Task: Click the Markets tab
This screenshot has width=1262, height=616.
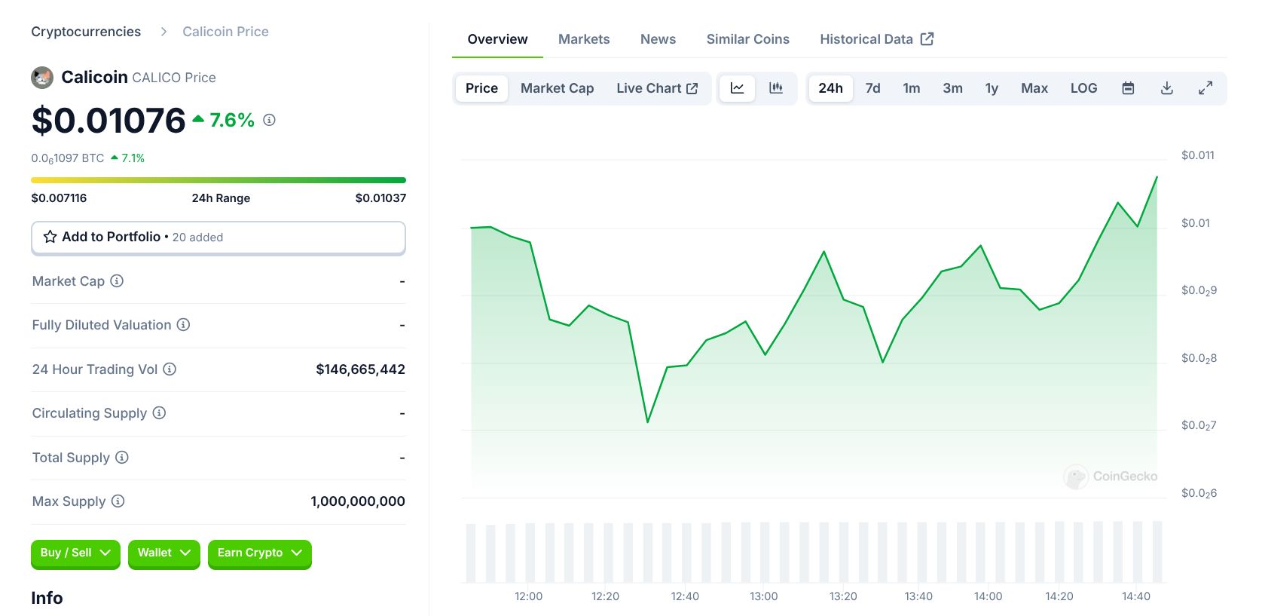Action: [x=583, y=39]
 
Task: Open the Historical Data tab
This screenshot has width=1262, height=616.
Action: [x=875, y=39]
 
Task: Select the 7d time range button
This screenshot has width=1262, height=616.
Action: [x=872, y=88]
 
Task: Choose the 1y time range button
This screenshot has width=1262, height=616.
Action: [x=991, y=88]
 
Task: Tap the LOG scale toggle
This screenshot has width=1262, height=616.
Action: [x=1083, y=88]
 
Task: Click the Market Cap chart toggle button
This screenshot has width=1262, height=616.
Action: [x=557, y=88]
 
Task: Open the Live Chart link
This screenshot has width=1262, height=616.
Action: [x=656, y=88]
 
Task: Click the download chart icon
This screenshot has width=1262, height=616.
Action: [x=1166, y=88]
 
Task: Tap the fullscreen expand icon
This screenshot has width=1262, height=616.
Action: [x=1205, y=88]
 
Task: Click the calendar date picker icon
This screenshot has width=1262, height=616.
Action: [x=1127, y=88]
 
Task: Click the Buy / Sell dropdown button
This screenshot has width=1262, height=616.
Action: [x=75, y=553]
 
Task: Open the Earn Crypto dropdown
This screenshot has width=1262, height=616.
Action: [x=259, y=553]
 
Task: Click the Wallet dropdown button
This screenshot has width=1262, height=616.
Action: [x=163, y=553]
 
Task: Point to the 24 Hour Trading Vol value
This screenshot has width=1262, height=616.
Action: [x=360, y=369]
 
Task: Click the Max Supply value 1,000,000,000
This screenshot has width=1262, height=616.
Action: [x=357, y=501]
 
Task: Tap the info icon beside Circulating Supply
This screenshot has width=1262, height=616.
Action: [x=159, y=413]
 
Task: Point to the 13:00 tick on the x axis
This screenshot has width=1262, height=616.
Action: [x=763, y=596]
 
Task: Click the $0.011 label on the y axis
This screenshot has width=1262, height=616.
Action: [x=1197, y=155]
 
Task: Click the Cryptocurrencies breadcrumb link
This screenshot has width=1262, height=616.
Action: [x=86, y=32]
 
